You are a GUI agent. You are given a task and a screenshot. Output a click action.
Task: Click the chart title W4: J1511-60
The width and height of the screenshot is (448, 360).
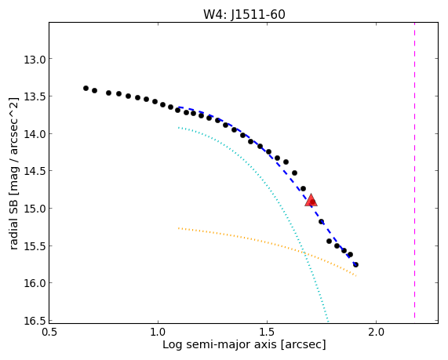[x=244, y=14]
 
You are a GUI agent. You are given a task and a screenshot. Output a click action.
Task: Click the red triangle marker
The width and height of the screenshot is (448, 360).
[x=311, y=200]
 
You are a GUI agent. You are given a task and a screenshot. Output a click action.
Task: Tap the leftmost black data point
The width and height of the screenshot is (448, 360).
[x=86, y=89]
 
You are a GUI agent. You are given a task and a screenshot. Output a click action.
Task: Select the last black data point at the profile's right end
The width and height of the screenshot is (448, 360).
[x=355, y=265]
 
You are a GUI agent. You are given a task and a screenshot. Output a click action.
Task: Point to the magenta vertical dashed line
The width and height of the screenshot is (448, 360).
[x=414, y=170]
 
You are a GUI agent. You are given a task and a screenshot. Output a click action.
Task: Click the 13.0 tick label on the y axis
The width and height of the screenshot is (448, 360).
[x=35, y=60]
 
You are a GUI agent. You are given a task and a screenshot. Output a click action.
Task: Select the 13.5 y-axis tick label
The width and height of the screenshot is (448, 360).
[x=35, y=97]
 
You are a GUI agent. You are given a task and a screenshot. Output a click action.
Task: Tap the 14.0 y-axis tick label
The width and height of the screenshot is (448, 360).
[x=35, y=135]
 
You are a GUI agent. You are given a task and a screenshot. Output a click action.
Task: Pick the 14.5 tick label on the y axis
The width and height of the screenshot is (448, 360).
[x=35, y=172]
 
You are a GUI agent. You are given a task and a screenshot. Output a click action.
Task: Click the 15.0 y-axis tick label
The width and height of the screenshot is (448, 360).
[x=35, y=209]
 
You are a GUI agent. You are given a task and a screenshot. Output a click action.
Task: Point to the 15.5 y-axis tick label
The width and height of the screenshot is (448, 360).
[x=35, y=247]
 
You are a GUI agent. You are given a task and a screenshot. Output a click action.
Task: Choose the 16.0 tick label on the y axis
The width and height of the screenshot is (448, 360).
[x=35, y=284]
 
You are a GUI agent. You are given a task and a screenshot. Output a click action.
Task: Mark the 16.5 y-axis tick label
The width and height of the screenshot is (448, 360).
[x=35, y=321]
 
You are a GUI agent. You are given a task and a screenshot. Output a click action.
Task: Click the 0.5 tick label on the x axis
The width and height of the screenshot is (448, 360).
[x=49, y=333]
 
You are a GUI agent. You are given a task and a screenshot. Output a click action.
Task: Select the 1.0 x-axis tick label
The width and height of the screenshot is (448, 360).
[x=158, y=333]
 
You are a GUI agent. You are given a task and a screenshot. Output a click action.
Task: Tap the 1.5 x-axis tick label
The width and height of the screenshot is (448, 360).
[x=267, y=333]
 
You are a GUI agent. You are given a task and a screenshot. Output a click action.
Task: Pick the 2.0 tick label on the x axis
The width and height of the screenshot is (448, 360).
[x=377, y=333]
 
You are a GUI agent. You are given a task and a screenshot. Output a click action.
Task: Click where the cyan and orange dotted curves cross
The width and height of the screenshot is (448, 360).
[x=304, y=253]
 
